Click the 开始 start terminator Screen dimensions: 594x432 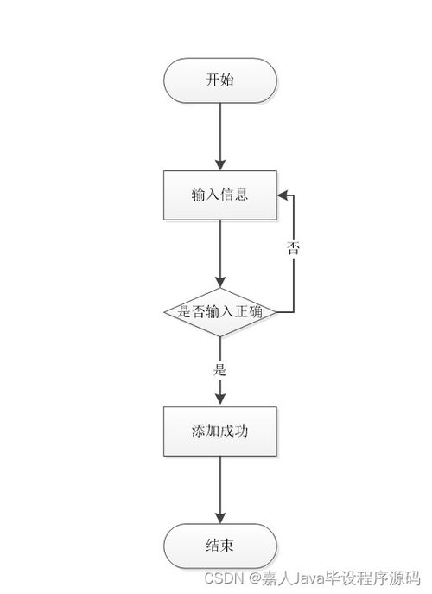pos(220,81)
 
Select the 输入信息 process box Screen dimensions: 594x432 pos(220,195)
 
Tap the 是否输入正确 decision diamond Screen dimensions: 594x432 pos(220,311)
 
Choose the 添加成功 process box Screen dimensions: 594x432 pos(220,431)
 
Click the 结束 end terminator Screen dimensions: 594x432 pos(220,546)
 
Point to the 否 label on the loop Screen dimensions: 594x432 pos(293,248)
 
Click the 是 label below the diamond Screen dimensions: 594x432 pos(219,369)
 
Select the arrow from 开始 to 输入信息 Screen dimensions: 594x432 pos(220,134)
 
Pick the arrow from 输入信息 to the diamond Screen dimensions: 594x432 pos(220,251)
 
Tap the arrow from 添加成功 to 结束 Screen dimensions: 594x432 pos(220,489)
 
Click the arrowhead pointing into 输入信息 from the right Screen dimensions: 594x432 pos(283,195)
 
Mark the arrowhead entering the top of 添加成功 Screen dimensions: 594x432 pos(220,399)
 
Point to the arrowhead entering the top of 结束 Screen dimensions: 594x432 pos(220,517)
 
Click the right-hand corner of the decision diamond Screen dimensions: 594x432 pos(276,311)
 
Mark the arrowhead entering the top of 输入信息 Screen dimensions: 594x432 pos(220,164)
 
